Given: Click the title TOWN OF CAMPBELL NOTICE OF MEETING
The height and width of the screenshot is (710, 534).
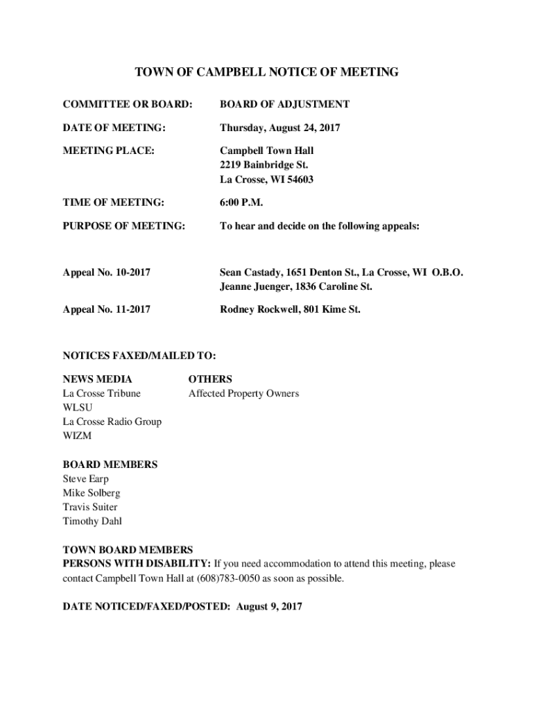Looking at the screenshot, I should [x=266, y=72].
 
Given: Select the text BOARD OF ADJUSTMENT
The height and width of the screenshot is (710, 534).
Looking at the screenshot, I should [x=284, y=104].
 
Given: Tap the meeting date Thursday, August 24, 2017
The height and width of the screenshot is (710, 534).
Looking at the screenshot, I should [x=280, y=128].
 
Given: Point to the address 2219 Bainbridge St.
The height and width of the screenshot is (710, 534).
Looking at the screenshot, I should [x=264, y=165].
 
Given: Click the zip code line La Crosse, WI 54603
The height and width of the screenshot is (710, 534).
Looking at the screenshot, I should [x=266, y=180].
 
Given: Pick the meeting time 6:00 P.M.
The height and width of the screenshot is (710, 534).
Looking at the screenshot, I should [x=241, y=202].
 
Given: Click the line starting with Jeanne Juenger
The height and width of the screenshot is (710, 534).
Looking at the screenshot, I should [x=295, y=286].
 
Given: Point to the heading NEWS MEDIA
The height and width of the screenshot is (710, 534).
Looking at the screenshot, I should [x=97, y=379].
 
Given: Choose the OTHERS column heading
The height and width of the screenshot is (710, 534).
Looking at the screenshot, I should [x=210, y=379].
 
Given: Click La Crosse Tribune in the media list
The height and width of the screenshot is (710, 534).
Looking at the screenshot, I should [x=101, y=394].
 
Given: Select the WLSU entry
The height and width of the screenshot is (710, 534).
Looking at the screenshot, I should [x=77, y=408].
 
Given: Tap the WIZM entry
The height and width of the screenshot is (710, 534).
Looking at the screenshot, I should [x=77, y=436].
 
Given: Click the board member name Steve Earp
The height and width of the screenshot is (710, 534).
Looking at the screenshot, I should [x=85, y=479].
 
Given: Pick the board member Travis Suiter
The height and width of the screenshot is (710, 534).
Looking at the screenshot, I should [x=90, y=507].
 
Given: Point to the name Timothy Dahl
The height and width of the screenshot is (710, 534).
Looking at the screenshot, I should [x=92, y=521].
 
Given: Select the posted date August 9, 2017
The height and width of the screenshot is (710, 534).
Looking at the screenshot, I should [x=270, y=607].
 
